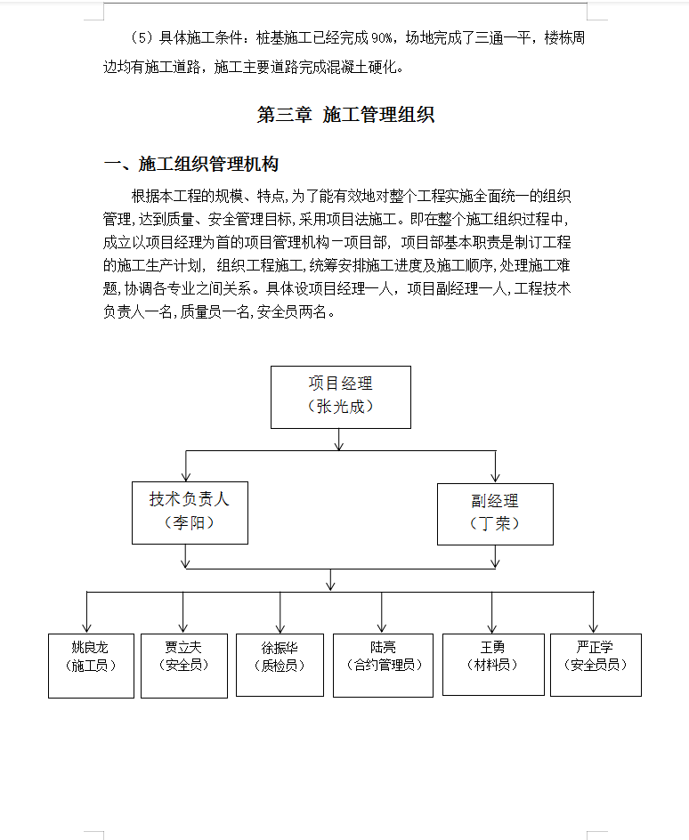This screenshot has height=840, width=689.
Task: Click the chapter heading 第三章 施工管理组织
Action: [345, 115]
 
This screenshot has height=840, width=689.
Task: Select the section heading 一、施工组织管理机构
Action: [191, 164]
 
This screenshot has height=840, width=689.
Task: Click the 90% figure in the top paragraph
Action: [382, 38]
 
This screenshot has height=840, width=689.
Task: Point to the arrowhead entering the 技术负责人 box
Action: [186, 477]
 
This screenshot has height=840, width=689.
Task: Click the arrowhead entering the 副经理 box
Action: [496, 477]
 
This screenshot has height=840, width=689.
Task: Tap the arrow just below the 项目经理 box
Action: [339, 440]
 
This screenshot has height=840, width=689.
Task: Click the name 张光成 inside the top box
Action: [341, 407]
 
